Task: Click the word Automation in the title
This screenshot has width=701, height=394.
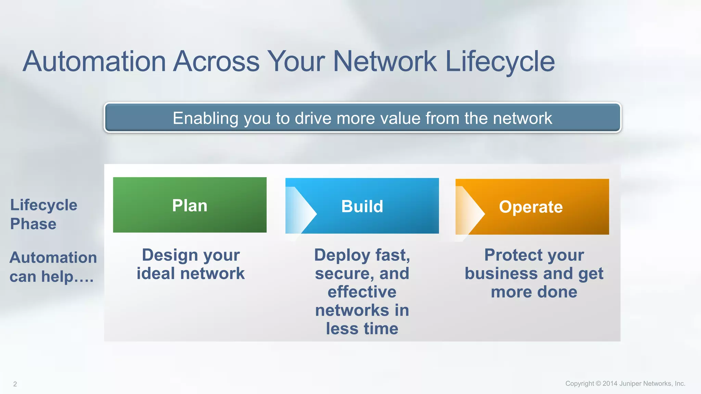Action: pyautogui.click(x=94, y=62)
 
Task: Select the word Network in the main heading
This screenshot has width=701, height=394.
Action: pyautogui.click(x=384, y=62)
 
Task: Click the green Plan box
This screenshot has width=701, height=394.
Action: pyautogui.click(x=190, y=205)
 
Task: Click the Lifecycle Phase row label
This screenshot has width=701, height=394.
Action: pyautogui.click(x=43, y=214)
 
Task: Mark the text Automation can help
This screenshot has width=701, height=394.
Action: pyautogui.click(x=53, y=267)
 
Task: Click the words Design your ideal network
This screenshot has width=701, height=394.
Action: pyautogui.click(x=191, y=264)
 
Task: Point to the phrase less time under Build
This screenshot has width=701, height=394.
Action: pyautogui.click(x=362, y=329)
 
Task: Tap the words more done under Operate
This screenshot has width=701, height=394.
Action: pyautogui.click(x=534, y=292)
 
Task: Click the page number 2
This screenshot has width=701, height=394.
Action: pyautogui.click(x=15, y=384)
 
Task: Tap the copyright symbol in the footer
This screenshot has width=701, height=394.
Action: pyautogui.click(x=598, y=384)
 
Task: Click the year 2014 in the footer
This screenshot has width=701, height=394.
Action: pyautogui.click(x=610, y=384)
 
